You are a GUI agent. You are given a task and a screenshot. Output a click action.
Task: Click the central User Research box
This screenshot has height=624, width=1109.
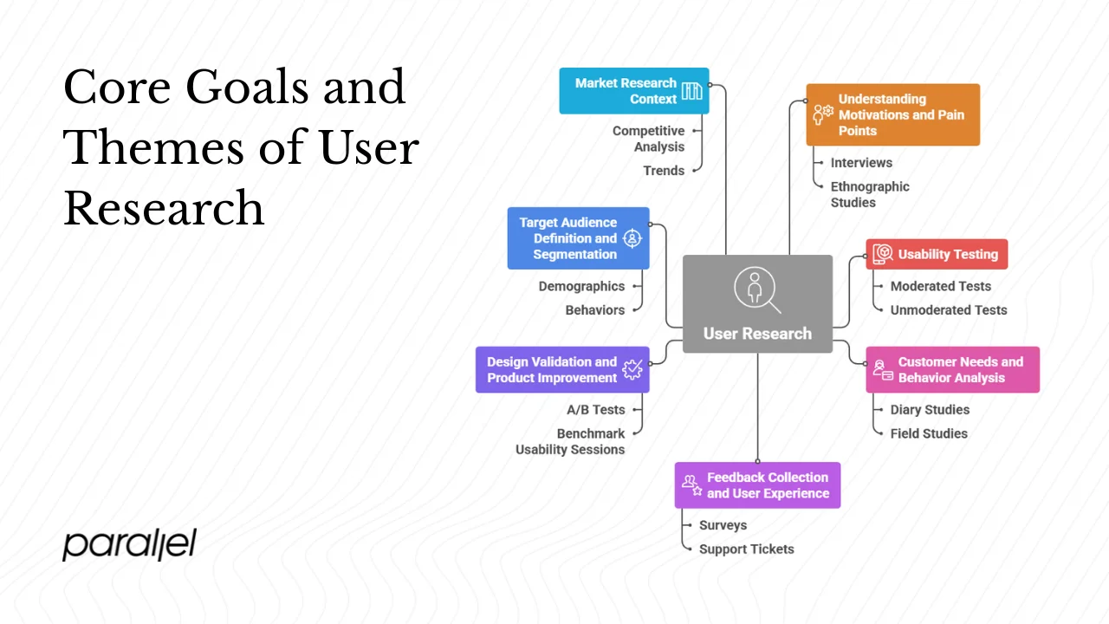pos(757,304)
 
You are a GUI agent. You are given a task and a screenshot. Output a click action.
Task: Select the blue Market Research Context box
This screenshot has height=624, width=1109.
pos(633,91)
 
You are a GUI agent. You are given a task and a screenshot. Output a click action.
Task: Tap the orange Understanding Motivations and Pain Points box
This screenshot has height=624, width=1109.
pos(892,114)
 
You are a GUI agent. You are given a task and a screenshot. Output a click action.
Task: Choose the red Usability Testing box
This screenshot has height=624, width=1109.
pos(937,254)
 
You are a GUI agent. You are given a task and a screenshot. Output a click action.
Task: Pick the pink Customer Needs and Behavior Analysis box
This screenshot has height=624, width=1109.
pos(952,370)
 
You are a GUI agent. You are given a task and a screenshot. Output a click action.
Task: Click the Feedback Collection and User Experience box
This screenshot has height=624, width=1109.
pos(757,485)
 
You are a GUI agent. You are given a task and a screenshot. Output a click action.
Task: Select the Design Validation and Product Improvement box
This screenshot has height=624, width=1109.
pos(561,370)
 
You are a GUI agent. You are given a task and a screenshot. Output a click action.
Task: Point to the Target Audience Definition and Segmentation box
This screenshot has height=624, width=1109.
pos(578,238)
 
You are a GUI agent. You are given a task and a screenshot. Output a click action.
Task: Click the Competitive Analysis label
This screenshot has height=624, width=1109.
pos(648,139)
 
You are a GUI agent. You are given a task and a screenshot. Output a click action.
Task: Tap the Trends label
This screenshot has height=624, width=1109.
pos(664,171)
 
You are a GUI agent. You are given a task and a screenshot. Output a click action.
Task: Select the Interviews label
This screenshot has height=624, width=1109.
pos(861,163)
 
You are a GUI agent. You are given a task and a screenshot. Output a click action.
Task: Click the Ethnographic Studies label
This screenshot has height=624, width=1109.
pos(870,194)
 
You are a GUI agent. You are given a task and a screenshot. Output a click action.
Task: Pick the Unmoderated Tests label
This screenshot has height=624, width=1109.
pos(949,309)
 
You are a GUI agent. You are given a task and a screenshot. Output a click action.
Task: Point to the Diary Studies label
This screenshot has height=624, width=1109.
pos(930,410)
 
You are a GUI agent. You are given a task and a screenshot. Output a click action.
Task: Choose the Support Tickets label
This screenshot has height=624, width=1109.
pos(746,549)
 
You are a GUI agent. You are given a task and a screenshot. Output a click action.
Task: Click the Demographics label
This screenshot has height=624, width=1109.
pos(581,286)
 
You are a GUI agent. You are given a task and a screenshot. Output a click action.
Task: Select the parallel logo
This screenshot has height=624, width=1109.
pos(129,544)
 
